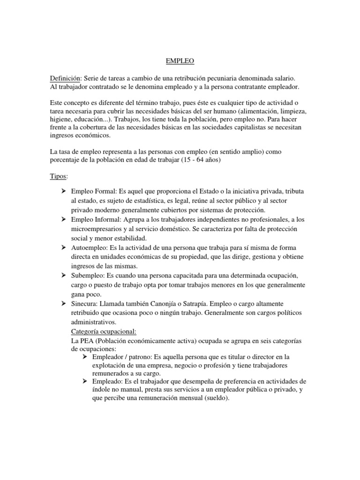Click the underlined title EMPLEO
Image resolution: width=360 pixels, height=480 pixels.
180,61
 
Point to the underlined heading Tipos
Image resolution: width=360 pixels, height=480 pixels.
59,176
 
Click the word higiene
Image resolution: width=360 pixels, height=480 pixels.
61,119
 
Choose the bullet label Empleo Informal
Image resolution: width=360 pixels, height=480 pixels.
96,219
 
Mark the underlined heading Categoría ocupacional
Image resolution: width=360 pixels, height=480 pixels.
103,331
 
